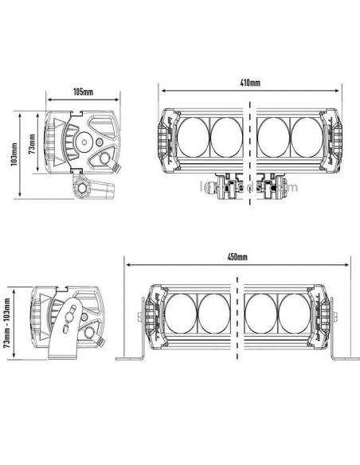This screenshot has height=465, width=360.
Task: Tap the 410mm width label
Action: [249, 82]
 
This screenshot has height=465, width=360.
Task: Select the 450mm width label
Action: [237, 257]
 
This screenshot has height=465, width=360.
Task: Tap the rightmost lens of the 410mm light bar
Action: [307, 138]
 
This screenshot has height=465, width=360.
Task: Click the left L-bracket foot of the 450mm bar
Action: [131, 358]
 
